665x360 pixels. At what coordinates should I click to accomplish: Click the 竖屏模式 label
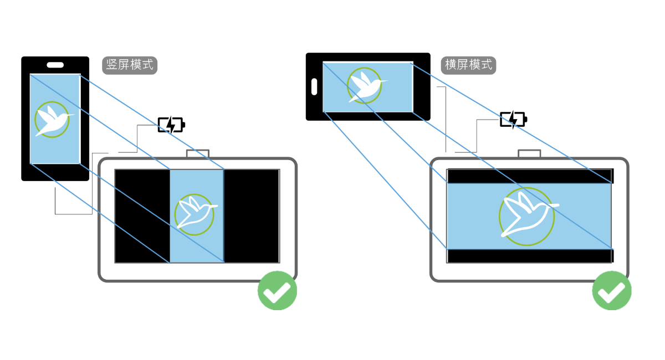coord(130,65)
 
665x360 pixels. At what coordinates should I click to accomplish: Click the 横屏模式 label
coord(469,65)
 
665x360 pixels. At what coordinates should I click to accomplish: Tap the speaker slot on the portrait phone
coord(55,65)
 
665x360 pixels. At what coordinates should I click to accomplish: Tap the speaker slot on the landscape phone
coord(314,86)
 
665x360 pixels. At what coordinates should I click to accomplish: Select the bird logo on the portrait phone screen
coord(52,119)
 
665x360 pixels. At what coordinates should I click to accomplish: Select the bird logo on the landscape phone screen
coord(365,86)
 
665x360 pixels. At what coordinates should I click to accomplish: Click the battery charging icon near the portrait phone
coord(171,125)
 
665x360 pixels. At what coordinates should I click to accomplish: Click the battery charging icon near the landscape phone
coord(513,119)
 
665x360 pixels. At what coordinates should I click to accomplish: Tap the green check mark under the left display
coord(277,290)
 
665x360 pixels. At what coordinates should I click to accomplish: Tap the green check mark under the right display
coord(612,290)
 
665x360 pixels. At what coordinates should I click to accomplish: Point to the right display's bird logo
coord(526,216)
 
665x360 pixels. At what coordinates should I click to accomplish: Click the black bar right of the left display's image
coord(252,216)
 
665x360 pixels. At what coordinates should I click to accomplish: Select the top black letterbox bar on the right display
coord(529,176)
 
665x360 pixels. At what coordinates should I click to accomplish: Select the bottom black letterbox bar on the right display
coord(529,256)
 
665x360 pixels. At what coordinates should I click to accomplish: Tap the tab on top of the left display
coord(197,153)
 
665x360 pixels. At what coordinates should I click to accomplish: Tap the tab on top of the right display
coord(529,153)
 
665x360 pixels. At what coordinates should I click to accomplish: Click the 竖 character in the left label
coord(112,65)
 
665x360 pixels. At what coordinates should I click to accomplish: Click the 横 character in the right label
coord(451,65)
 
